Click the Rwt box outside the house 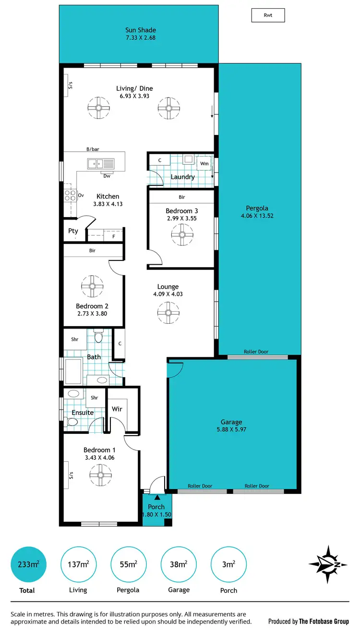coord(268,15)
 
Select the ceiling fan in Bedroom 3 coord(182,234)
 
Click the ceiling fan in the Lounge coord(168,312)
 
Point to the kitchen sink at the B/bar coord(101,163)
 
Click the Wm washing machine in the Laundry coord(204,163)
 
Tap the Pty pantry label coord(73,231)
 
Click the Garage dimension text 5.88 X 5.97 coord(231,429)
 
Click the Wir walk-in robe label coord(117,409)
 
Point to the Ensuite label coord(83,412)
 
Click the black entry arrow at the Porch coord(157,497)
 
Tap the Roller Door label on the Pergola coord(256,352)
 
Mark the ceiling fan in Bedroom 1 coord(100,476)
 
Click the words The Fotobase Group coord(324,621)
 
